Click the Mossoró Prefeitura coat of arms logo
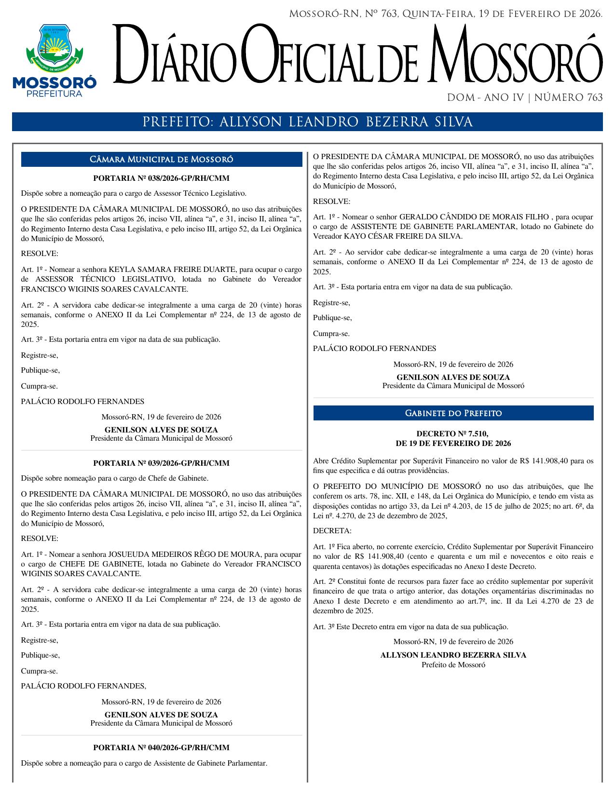click(54, 48)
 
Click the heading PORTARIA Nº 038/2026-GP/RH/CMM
click(161, 178)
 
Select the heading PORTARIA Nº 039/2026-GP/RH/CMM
click(161, 463)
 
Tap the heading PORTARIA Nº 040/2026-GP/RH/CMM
click(161, 748)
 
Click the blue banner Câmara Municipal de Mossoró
click(162, 160)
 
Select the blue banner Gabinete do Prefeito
click(453, 413)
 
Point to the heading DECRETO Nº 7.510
click(453, 434)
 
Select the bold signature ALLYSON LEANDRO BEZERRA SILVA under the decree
click(453, 655)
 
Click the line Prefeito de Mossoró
click(453, 665)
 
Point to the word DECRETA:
click(332, 531)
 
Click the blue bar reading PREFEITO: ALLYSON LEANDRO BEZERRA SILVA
click(307, 122)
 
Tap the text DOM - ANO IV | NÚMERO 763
click(525, 98)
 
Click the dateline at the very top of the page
click(446, 14)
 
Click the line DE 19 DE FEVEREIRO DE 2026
click(453, 444)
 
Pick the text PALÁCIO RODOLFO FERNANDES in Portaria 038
click(82, 402)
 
